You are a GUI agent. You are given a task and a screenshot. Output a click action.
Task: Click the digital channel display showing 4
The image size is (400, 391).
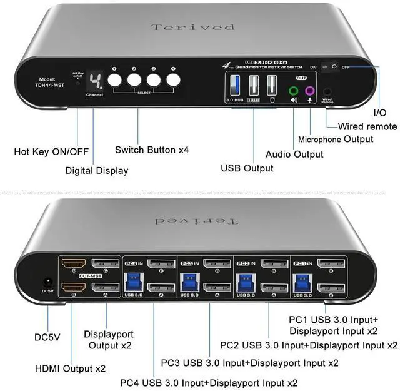coord(95,81)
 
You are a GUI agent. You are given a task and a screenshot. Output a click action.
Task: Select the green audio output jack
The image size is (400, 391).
coord(294,91)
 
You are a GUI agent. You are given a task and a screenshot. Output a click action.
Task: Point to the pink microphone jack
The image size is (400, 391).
coord(309,91)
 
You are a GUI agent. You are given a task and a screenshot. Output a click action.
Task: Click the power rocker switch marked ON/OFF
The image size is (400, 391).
coord(331,66)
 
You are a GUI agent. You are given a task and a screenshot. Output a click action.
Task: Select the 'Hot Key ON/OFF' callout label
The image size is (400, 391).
coord(52,151)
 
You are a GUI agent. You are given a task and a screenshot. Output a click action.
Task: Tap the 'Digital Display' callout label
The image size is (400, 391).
coord(96,170)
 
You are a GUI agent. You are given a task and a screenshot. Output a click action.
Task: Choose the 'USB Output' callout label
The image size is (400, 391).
coord(247,168)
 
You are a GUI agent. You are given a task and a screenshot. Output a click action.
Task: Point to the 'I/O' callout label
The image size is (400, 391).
coord(380,113)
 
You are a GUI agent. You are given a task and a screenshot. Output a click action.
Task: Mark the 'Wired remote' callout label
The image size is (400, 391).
coord(367,126)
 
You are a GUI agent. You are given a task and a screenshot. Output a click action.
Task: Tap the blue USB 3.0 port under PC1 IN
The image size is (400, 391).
coord(299,280)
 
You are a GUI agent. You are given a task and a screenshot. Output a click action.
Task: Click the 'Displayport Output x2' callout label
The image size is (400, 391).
coord(109,340)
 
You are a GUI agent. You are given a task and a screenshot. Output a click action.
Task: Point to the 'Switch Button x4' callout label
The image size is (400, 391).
coord(152,150)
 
